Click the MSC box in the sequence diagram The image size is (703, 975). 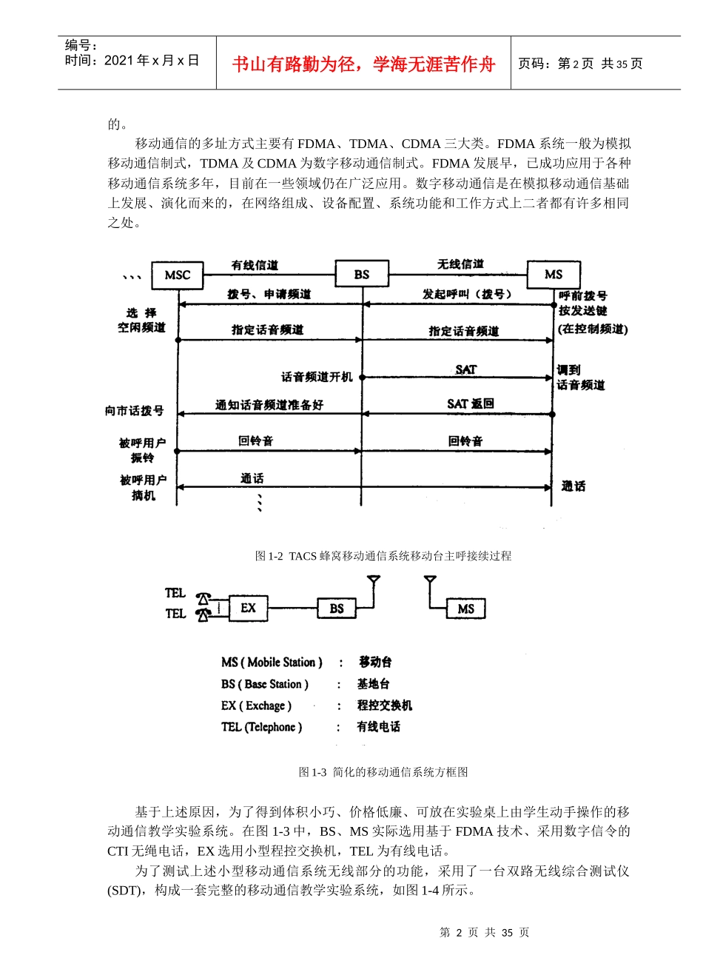point(178,275)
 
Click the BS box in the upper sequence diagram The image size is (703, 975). point(362,275)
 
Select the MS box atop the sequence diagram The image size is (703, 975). point(554,275)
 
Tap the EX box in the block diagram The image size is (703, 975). point(248,609)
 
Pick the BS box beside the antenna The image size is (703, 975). point(337,609)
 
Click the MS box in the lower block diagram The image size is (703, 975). point(466,609)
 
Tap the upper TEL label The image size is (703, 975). point(175,593)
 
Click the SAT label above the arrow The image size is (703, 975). point(466,369)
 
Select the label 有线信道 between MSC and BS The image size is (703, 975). point(255,265)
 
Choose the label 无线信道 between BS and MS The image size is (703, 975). point(460,264)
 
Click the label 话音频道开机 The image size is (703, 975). point(317,377)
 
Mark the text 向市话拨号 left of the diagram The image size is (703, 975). point(134,410)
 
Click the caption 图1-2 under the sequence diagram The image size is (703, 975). point(383,556)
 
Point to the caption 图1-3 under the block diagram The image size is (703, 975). point(383,772)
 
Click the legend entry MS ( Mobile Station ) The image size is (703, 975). point(272,662)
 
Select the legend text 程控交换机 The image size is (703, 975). point(385,706)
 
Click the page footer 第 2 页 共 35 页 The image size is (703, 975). point(485,933)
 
